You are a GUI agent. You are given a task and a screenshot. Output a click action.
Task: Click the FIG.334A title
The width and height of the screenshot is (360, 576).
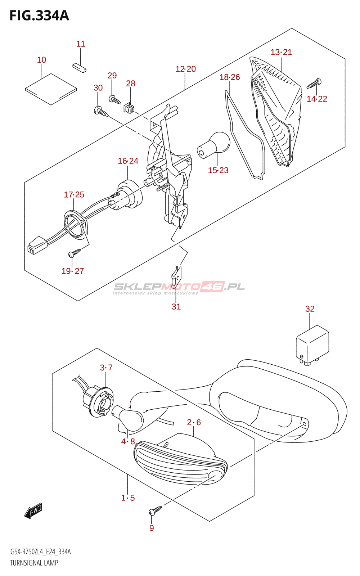pos(39,16)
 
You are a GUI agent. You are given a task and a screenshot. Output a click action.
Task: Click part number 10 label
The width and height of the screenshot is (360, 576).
pos(41,60)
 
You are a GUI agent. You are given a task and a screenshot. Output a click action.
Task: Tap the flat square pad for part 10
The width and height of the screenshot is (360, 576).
pos(51,89)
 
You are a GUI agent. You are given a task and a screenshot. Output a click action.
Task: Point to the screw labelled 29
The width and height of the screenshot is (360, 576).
pos(115,99)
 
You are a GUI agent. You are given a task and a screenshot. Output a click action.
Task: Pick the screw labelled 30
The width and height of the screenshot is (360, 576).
pos(101,111)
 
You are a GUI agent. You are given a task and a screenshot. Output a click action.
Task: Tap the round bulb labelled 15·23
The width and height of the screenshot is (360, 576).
pos(214,145)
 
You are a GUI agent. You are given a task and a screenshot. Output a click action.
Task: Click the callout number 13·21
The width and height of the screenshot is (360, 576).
pos(281,52)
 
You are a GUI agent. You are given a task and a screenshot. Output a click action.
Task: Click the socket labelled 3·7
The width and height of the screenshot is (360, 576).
pos(99,401)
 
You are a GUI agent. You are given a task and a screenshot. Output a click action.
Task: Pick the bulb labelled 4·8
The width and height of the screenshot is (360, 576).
pos(128,417)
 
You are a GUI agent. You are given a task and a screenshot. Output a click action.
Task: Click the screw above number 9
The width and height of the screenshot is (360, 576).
pos(156,510)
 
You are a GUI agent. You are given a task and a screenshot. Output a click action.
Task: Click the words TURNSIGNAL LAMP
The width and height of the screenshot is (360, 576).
pos(34,563)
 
